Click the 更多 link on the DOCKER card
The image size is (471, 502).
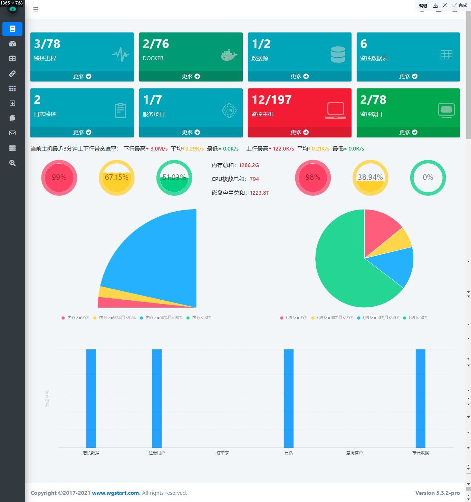(191, 76)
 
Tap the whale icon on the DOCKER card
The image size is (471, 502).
(229, 55)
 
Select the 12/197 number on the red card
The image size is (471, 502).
(271, 100)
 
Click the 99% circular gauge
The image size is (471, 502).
(59, 177)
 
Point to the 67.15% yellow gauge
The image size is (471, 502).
(117, 177)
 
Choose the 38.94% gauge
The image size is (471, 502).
(370, 177)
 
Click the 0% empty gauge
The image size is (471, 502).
(428, 177)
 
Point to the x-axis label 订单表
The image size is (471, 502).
(223, 453)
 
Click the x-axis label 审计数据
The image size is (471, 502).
(420, 453)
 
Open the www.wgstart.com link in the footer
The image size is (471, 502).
(116, 493)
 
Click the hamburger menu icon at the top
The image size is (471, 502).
(36, 9)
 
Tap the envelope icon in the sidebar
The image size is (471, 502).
(12, 133)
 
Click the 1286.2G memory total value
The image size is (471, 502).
(249, 165)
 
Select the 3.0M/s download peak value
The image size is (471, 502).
(159, 149)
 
